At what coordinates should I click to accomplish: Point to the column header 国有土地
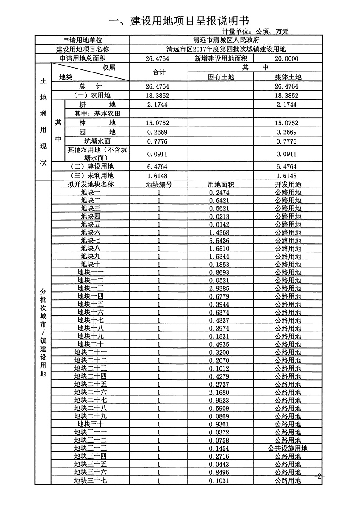221,77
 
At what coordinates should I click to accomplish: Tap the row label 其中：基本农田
98,113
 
